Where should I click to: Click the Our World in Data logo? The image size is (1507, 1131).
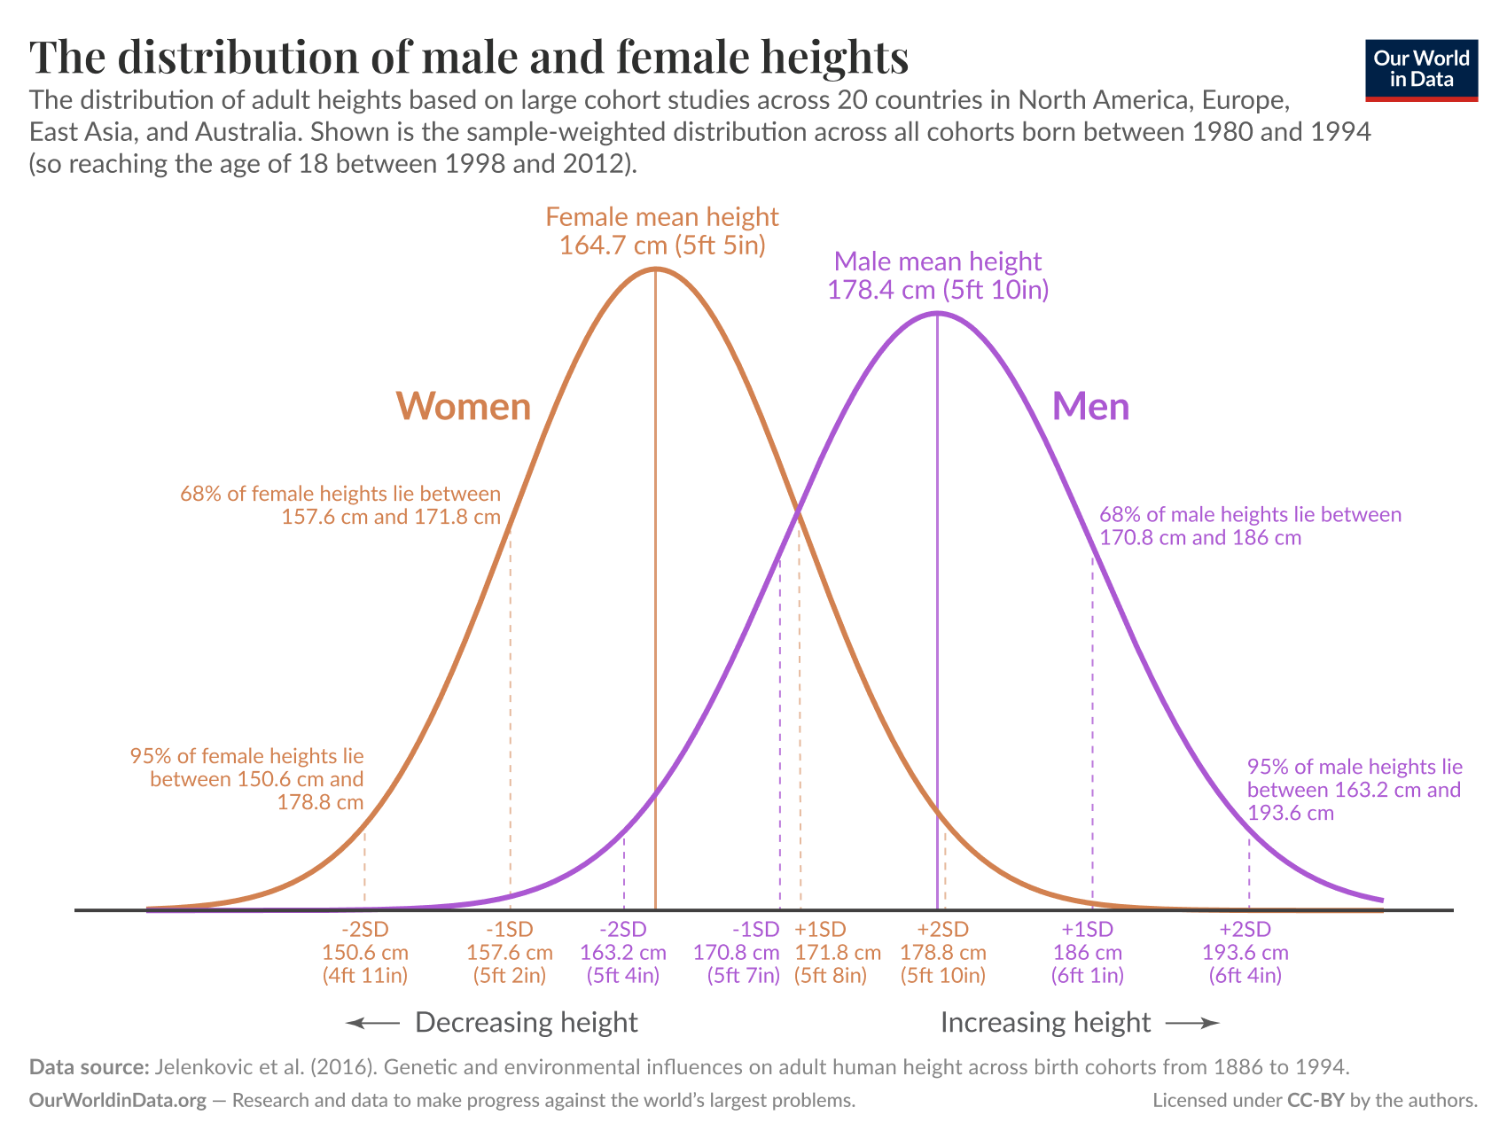(1421, 70)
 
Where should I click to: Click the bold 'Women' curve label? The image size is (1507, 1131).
(463, 407)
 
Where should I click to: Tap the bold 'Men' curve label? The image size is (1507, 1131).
(1090, 407)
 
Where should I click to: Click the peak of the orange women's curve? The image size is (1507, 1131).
(655, 268)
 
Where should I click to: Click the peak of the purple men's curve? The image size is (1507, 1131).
(937, 313)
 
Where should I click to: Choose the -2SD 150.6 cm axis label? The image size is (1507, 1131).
(365, 953)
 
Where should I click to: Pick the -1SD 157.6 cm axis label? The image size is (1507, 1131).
(510, 953)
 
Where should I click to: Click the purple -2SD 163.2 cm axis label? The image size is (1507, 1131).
(623, 953)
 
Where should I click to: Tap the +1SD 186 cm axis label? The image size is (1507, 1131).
(1088, 953)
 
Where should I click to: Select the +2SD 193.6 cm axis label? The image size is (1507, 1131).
(1245, 953)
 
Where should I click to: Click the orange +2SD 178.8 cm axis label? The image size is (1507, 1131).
(943, 953)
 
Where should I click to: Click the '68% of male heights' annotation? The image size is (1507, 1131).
(1250, 526)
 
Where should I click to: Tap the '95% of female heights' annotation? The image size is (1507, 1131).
(248, 779)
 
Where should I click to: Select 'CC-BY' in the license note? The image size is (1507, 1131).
(1316, 1101)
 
